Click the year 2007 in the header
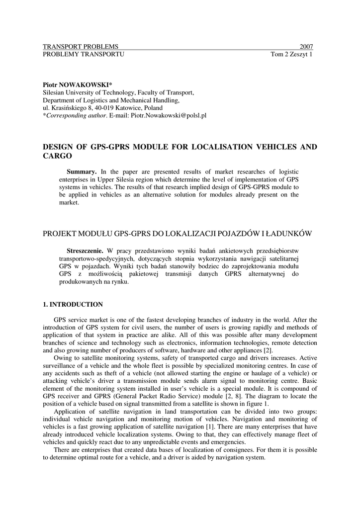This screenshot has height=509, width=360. pos(306,47)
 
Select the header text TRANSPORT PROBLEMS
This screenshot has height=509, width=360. pos(81,47)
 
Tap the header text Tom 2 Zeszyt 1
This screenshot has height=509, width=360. pos(291,54)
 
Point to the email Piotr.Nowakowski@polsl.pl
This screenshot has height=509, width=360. pos(169,115)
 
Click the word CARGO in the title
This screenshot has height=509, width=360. pos(58,156)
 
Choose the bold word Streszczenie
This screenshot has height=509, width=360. pos(85,250)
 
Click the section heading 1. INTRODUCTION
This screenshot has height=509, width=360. pos(73,304)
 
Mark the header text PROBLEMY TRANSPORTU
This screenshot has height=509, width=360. pos(84,54)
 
